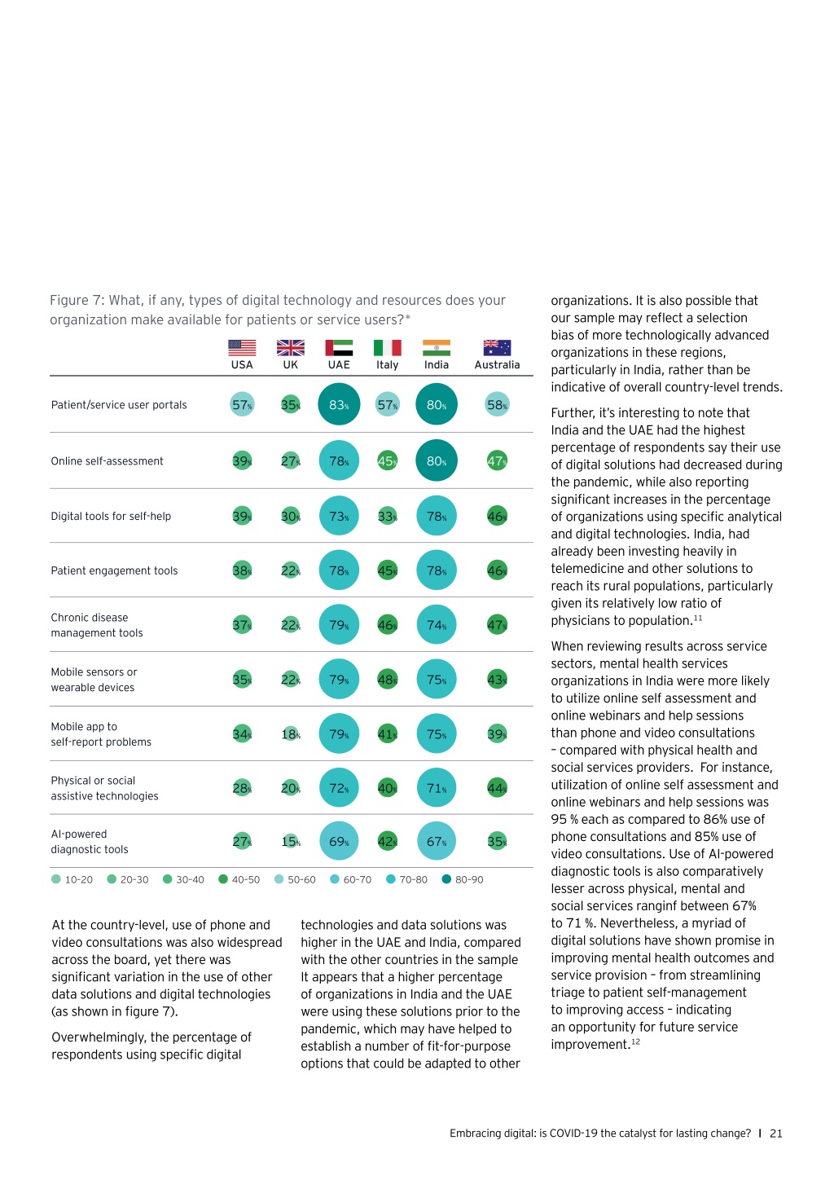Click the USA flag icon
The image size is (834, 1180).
(x=242, y=348)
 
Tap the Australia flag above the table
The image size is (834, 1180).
(x=497, y=348)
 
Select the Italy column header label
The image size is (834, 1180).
(x=387, y=364)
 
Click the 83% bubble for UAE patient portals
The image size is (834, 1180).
(x=339, y=404)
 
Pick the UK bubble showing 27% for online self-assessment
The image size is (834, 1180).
(x=290, y=461)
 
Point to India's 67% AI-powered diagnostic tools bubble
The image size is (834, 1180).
(x=436, y=841)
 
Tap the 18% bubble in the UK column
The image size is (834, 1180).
(x=290, y=733)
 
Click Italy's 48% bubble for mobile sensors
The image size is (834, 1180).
(x=387, y=680)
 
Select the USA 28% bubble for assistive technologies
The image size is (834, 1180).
(x=242, y=788)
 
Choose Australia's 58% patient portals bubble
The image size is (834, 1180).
(x=497, y=404)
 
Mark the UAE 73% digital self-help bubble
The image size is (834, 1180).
(x=339, y=516)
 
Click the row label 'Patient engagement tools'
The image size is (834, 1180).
(x=114, y=570)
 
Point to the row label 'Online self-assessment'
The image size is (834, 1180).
(x=107, y=461)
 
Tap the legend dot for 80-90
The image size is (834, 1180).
(x=446, y=878)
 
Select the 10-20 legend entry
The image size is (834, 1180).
(x=72, y=879)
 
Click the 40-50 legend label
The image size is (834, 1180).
(x=246, y=879)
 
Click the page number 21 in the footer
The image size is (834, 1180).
(x=775, y=1133)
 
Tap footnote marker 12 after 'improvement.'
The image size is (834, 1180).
(x=635, y=1041)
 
